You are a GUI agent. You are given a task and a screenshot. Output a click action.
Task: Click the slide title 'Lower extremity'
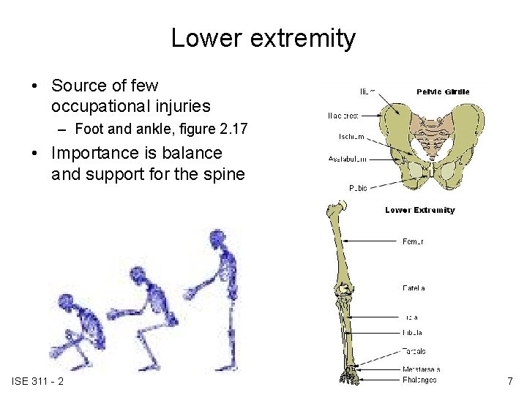pos(263,38)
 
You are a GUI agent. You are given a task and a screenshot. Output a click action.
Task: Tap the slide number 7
pos(509,381)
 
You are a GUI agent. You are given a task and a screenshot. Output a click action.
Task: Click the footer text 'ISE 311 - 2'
pos(38,381)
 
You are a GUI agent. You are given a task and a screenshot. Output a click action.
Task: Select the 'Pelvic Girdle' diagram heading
pos(443,91)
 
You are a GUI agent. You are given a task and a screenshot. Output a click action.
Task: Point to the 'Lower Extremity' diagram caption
pos(419,210)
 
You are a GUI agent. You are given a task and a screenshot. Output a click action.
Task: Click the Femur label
pos(413,241)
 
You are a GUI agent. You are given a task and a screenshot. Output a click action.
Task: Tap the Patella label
pos(414,288)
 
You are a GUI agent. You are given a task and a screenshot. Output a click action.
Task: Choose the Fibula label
pos(413,332)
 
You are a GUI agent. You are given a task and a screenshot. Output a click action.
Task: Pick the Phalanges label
pos(419,379)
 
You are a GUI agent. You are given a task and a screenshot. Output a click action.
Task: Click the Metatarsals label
pos(421,369)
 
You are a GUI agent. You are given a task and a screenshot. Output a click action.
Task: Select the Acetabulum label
pos(348,158)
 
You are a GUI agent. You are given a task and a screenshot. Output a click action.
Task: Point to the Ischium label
pos(352,137)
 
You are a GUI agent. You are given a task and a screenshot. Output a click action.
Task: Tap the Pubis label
pos(358,188)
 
